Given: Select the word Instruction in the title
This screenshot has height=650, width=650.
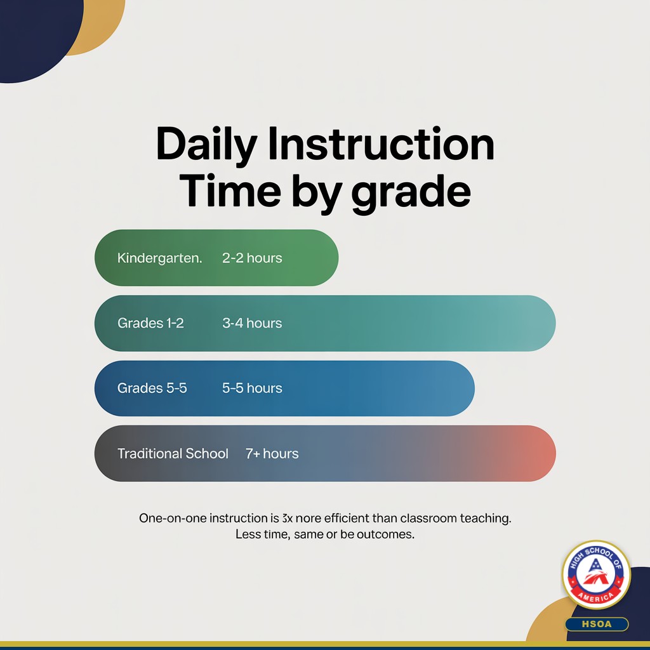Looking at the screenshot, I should pyautogui.click(x=380, y=145).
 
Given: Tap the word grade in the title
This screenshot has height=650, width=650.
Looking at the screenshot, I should pyautogui.click(x=411, y=192).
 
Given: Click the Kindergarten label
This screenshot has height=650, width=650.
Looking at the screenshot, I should pyautogui.click(x=159, y=258).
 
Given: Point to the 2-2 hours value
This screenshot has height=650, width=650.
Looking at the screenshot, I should pyautogui.click(x=252, y=258).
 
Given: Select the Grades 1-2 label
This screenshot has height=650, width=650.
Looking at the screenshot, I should pyautogui.click(x=150, y=323).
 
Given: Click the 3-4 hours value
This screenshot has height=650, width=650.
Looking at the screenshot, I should pyautogui.click(x=252, y=323).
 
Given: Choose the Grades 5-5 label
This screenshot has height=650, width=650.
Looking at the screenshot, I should pyautogui.click(x=152, y=388).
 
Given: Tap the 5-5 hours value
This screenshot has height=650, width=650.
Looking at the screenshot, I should pyautogui.click(x=252, y=388).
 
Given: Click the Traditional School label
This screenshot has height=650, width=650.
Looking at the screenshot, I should pyautogui.click(x=173, y=453).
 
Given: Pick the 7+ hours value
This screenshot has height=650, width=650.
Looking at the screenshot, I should pyautogui.click(x=272, y=453).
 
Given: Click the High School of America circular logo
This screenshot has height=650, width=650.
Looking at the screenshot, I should pyautogui.click(x=596, y=574).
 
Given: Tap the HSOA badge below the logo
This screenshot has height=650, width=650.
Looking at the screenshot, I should pyautogui.click(x=596, y=624).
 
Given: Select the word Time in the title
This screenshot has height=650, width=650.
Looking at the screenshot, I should pyautogui.click(x=228, y=192).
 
